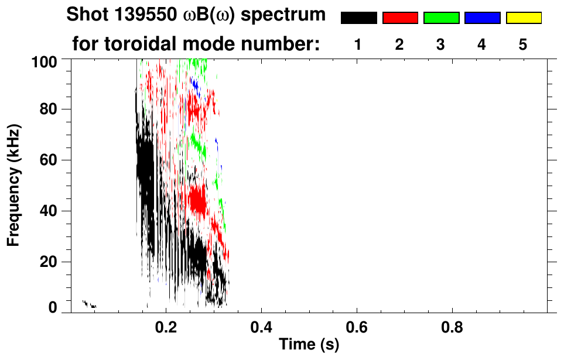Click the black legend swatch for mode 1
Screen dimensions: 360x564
(358, 18)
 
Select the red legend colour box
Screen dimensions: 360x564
(400, 18)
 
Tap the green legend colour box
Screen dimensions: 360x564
(441, 18)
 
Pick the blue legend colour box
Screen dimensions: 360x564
(482, 18)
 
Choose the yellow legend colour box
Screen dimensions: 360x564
(524, 18)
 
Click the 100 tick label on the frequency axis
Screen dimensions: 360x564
(44, 60)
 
